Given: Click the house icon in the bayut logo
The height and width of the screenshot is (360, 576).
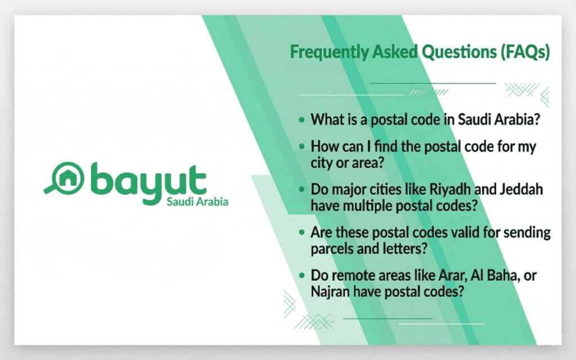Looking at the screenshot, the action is [67, 178].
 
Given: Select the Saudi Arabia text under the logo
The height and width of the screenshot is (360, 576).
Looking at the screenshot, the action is [197, 202].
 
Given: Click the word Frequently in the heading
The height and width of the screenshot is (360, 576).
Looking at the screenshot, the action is [329, 52].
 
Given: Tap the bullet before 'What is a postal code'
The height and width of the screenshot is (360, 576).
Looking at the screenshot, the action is [302, 120].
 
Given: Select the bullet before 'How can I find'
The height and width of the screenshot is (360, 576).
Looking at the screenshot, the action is [302, 147].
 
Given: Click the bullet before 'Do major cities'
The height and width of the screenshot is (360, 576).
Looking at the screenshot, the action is [302, 190].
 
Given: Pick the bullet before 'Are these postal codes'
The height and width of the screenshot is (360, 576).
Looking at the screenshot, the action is [302, 232].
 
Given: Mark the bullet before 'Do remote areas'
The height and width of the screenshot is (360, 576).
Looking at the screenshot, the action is [302, 276].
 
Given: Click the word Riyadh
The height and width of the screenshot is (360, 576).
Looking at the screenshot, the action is [450, 190].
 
